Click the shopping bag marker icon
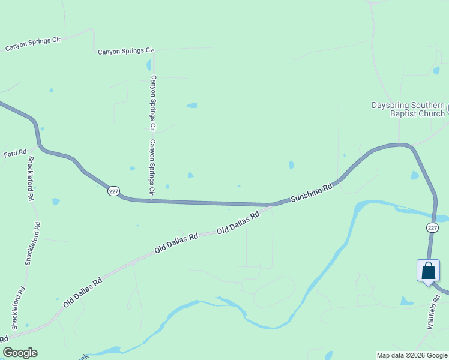point(428,271)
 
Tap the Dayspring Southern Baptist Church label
point(408,109)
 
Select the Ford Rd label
point(15,154)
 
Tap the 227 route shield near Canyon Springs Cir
point(113,191)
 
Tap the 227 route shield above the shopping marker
point(432,227)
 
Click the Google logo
point(20,353)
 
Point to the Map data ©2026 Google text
point(412,355)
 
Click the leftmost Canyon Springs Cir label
point(34,44)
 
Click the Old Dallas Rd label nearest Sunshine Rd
point(238,223)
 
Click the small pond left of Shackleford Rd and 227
point(56,202)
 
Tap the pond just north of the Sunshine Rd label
point(291,164)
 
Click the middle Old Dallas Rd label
point(176,242)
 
